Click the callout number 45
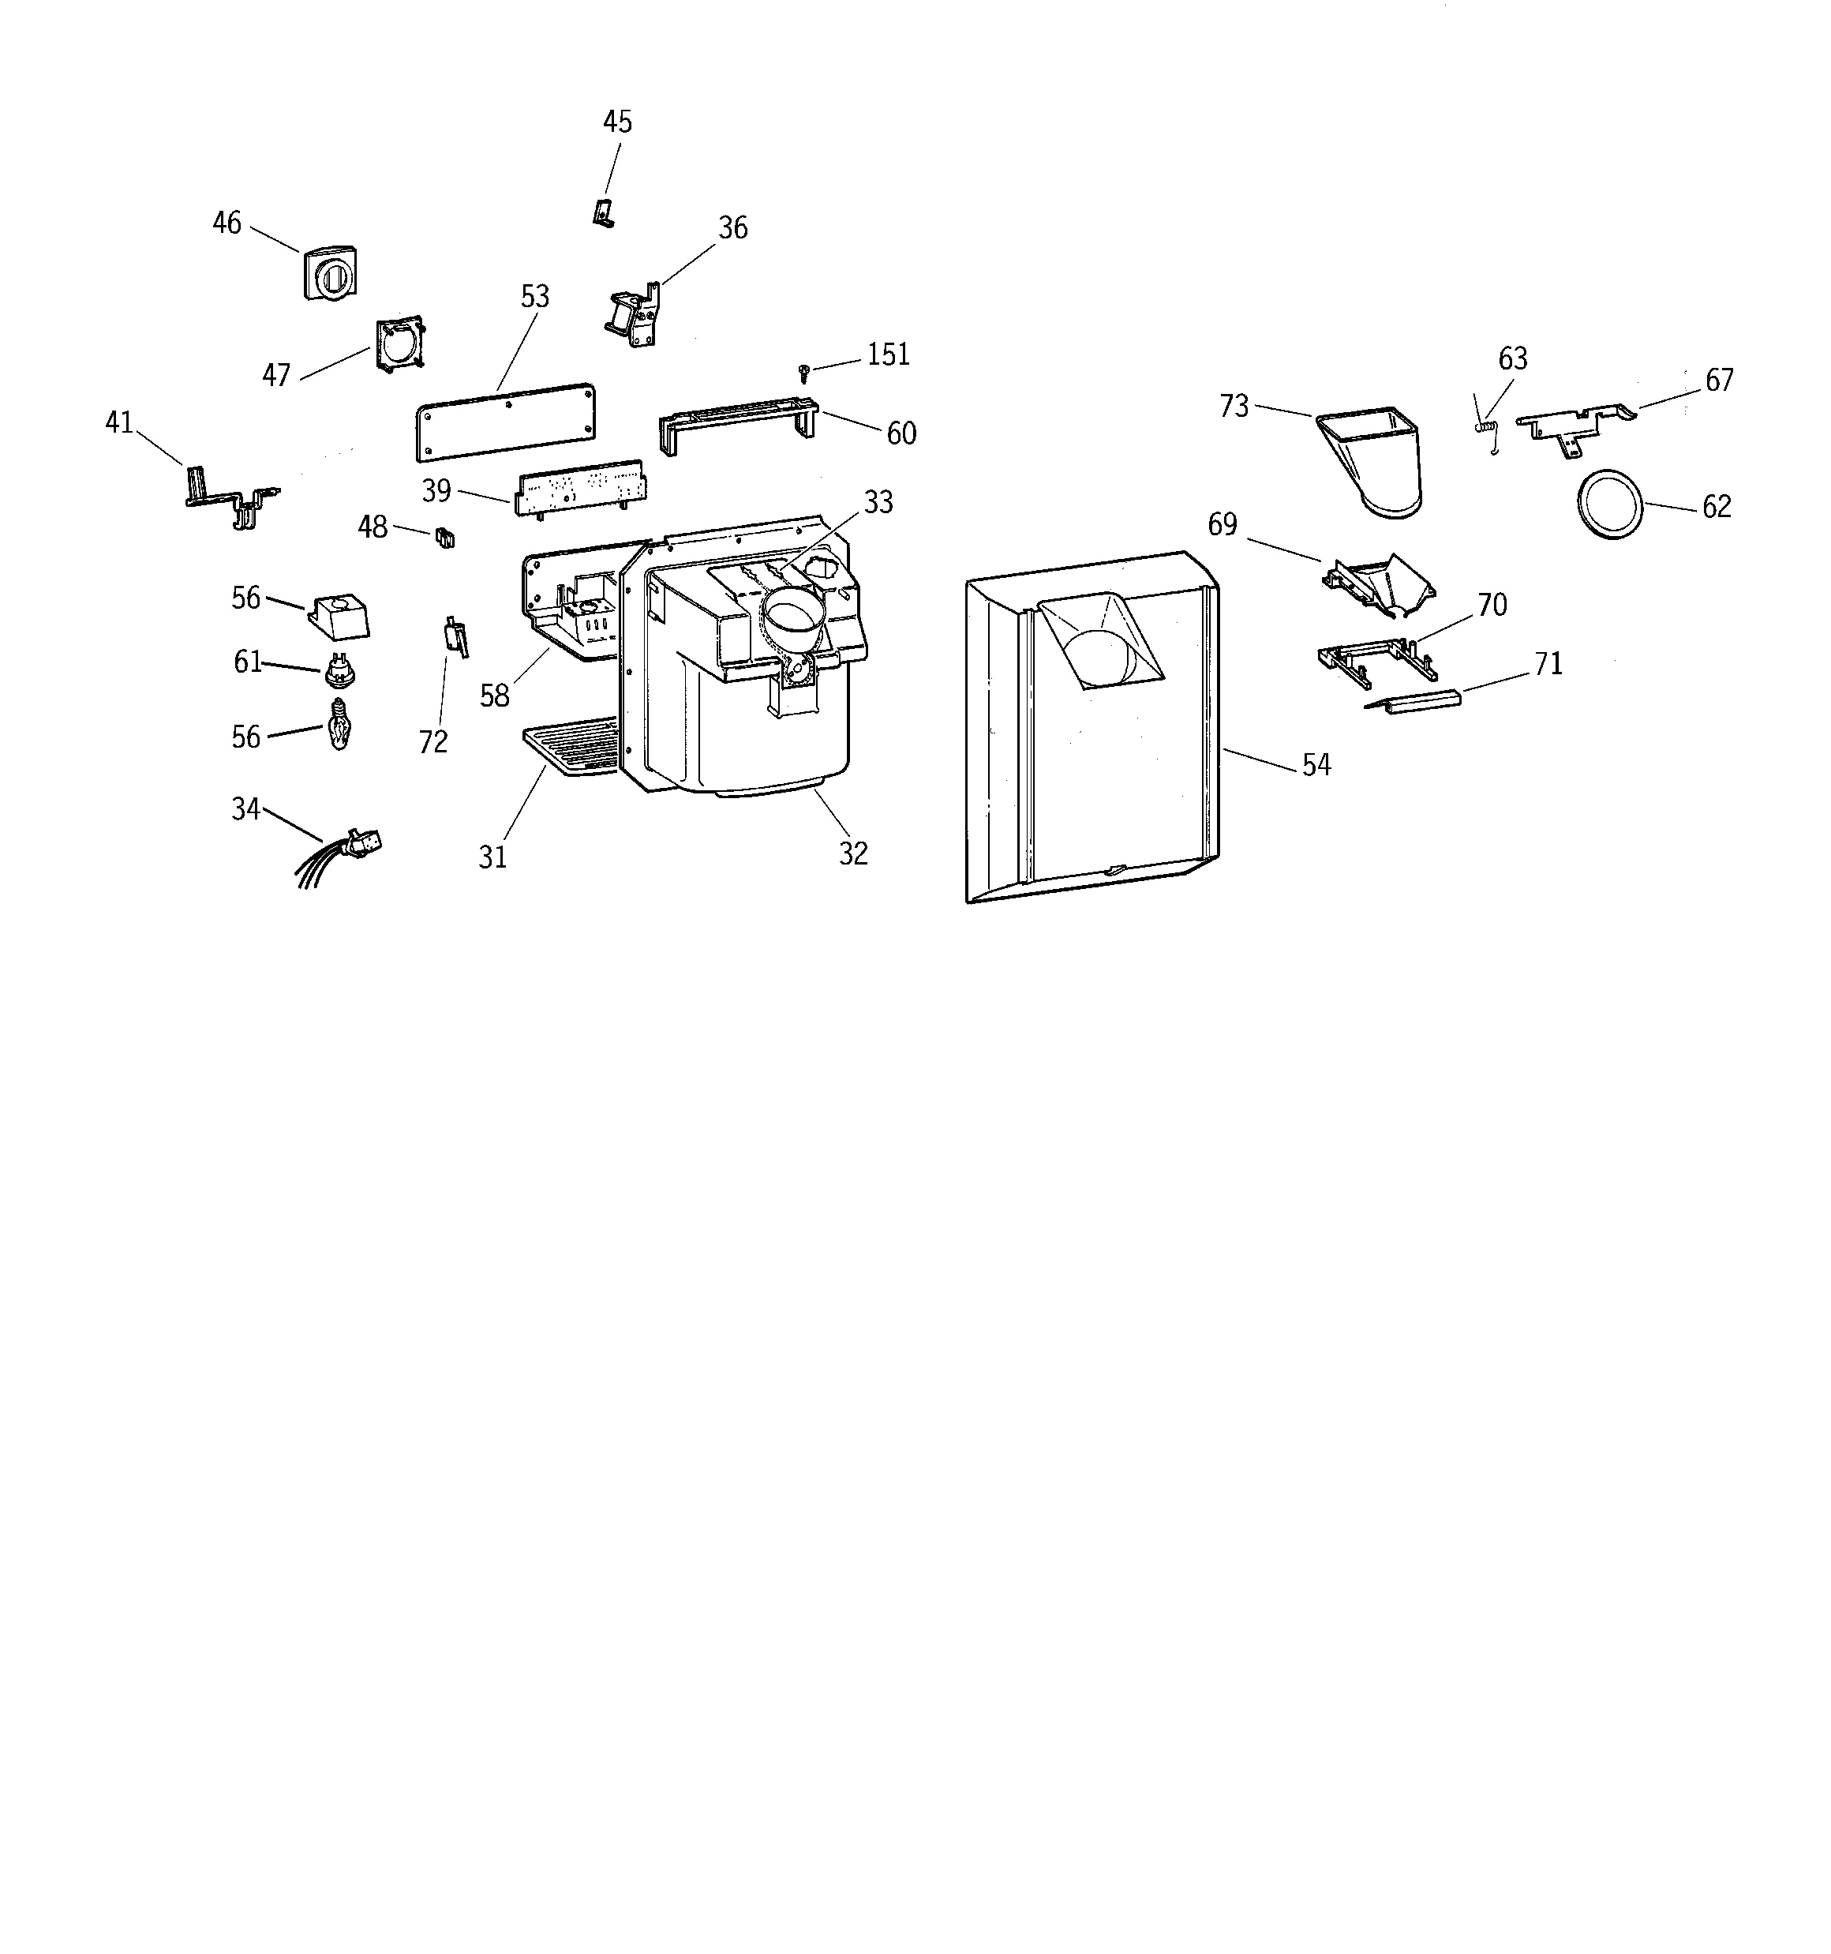tap(617, 122)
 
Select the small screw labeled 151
tap(804, 373)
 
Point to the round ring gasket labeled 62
tap(1610, 503)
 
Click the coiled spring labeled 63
tap(1487, 426)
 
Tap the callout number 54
tap(1316, 765)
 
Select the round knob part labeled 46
tap(329, 272)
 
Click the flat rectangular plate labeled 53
tap(505, 421)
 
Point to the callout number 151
tap(889, 354)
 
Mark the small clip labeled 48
tap(444, 537)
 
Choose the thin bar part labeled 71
tap(1421, 701)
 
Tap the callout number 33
tap(878, 502)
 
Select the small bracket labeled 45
tap(605, 212)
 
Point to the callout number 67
tap(1719, 381)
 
